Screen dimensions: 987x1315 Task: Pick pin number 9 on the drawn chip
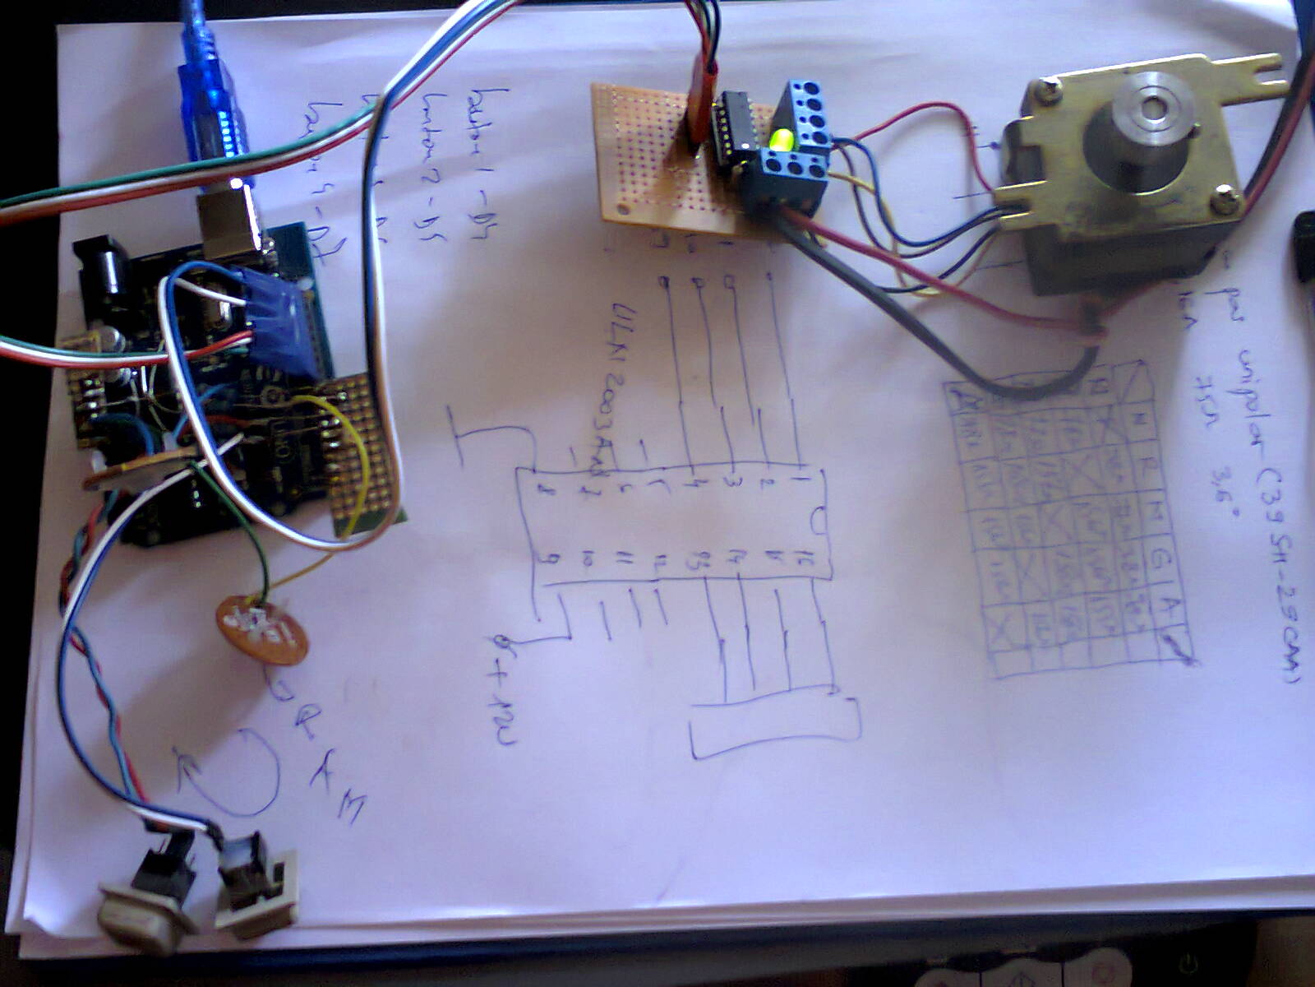coord(542,560)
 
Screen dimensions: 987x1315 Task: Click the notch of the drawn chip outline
coord(819,521)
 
